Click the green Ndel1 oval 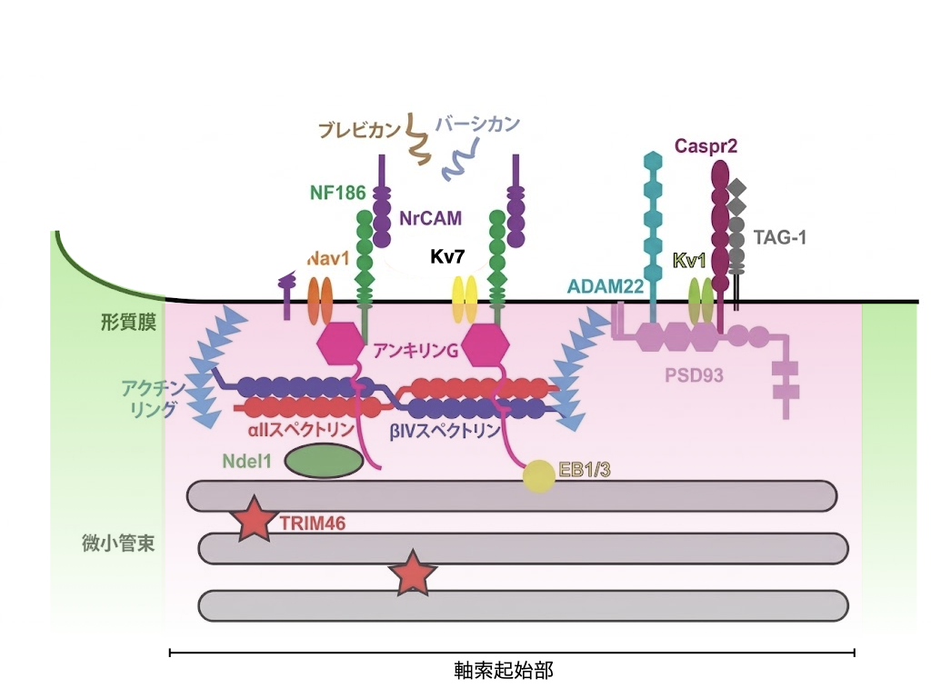pos(324,461)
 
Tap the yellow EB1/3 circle pos(537,476)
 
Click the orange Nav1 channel pos(321,300)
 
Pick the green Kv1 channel pos(701,300)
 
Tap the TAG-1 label pos(780,238)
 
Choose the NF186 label pos(337,193)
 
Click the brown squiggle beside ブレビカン pos(419,140)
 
